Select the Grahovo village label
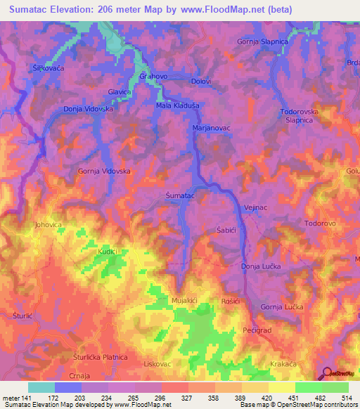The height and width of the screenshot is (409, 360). tap(153, 76)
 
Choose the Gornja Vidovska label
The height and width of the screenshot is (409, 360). tap(104, 171)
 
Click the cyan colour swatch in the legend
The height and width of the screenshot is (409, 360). tap(41, 387)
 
